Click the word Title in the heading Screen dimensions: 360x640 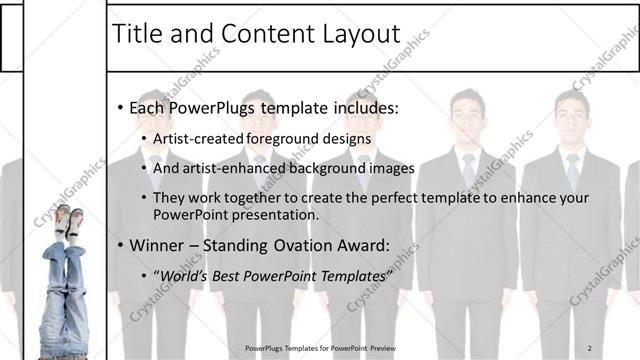click(139, 34)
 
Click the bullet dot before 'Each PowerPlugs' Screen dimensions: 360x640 click(121, 107)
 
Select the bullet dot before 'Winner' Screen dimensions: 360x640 click(121, 246)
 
